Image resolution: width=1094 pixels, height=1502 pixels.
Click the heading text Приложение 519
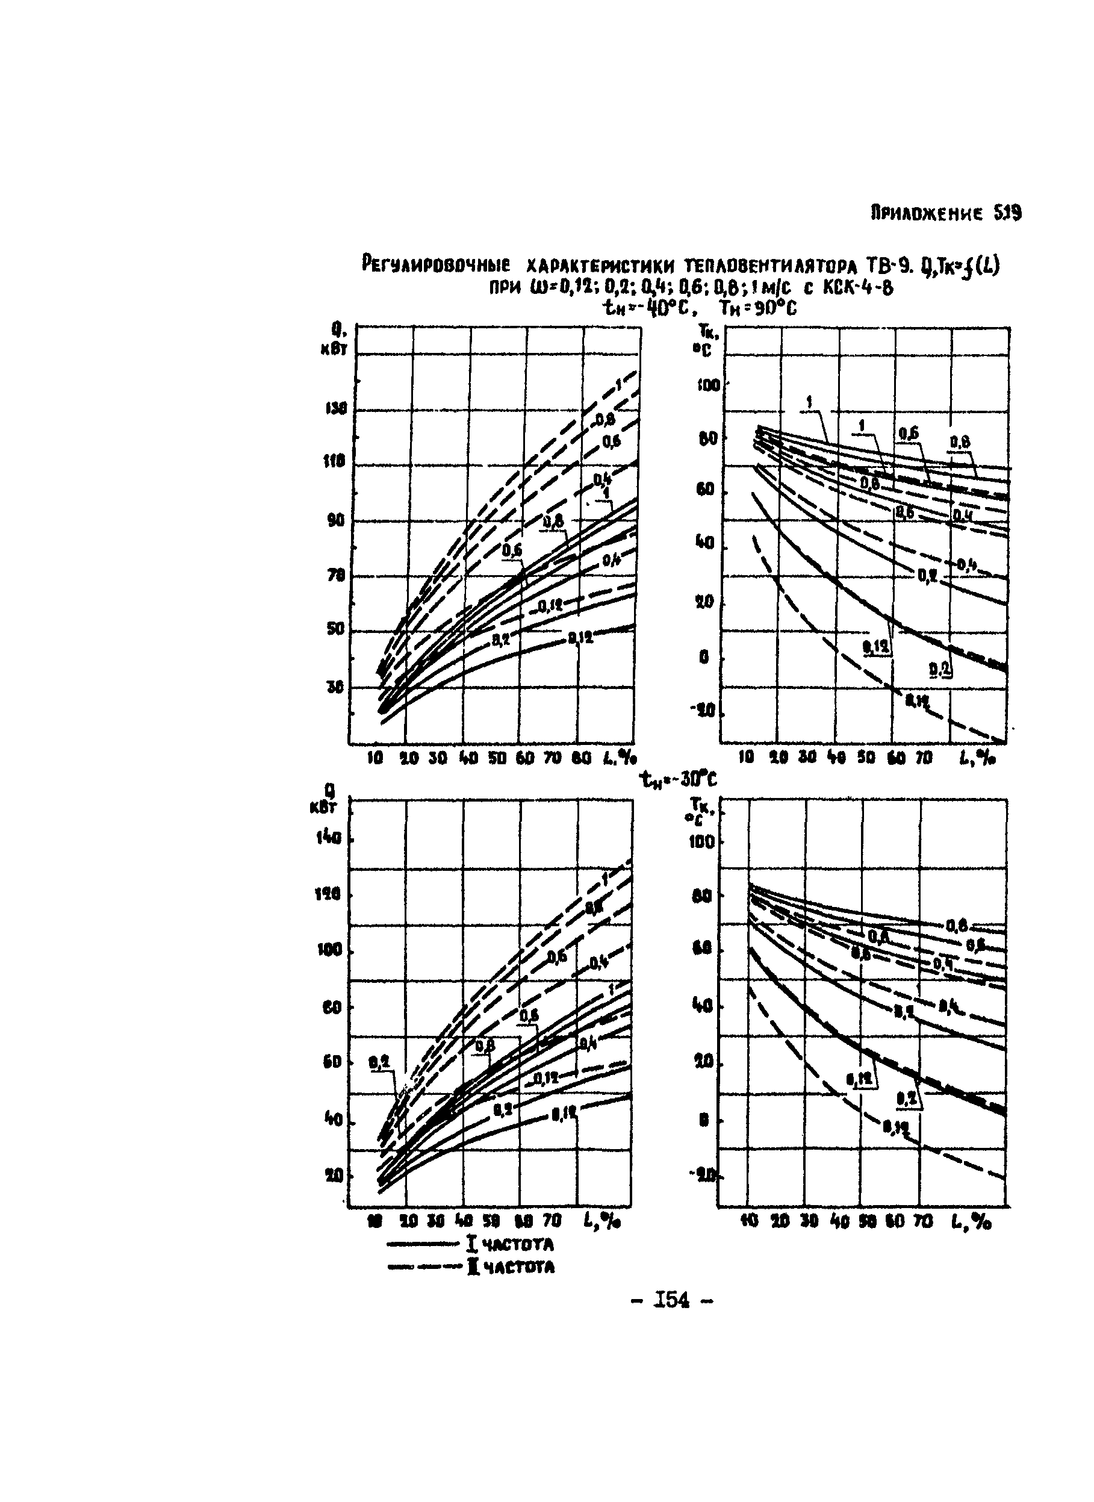946,214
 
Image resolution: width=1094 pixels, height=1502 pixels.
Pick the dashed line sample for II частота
423,1268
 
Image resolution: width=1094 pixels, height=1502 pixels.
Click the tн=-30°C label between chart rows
678,780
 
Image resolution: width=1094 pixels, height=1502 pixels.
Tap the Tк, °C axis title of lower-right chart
701,810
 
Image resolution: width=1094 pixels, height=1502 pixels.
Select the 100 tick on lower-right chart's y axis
703,843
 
